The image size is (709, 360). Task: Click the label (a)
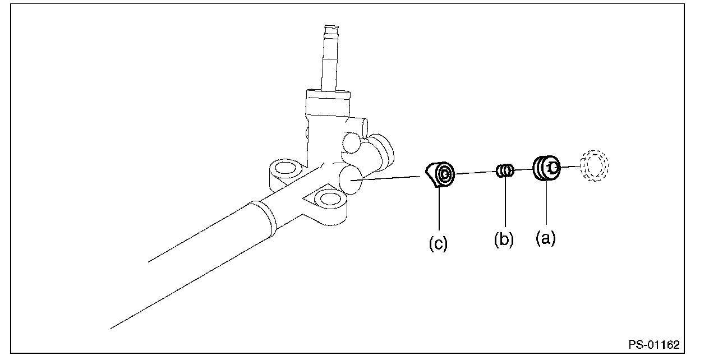pos(545,239)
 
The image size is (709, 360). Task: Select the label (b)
pos(504,240)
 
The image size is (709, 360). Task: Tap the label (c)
pos(438,245)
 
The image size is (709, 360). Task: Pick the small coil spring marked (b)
pos(505,170)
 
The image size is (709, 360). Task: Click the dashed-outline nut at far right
pos(595,165)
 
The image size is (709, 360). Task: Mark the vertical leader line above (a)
pos(545,205)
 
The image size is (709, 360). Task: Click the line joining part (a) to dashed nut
pos(569,167)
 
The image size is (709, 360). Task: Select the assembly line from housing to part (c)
pos(393,178)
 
